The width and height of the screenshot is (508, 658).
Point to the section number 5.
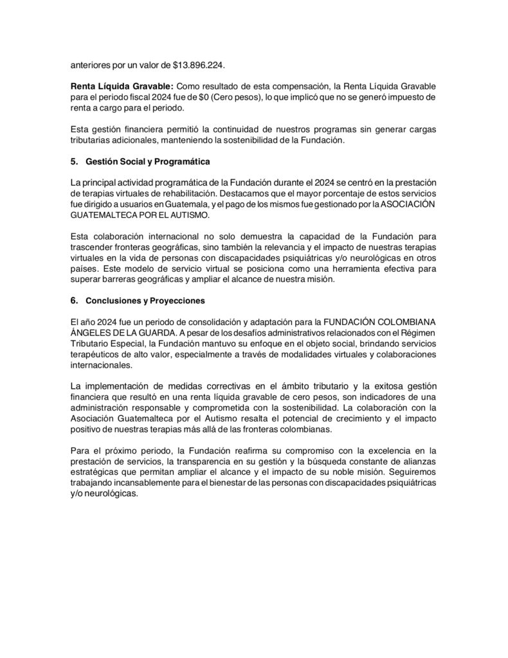(x=73, y=160)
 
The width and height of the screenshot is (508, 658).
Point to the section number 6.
(x=73, y=299)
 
